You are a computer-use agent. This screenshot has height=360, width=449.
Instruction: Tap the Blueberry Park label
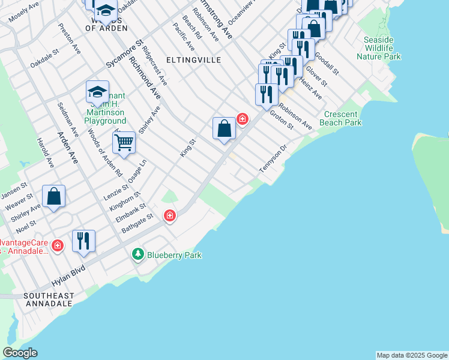(175, 255)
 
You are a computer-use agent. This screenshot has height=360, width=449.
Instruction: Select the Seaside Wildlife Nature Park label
(379, 48)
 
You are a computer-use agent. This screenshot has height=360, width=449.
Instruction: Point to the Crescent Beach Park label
(343, 118)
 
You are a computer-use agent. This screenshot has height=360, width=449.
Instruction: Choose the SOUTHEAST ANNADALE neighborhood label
(49, 300)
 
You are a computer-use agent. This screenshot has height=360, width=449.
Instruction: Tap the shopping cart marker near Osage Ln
(124, 143)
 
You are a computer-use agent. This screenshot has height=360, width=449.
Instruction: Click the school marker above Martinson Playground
(97, 92)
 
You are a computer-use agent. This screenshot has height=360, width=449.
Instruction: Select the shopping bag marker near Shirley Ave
(53, 196)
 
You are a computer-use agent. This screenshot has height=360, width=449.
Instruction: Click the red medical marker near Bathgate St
(170, 215)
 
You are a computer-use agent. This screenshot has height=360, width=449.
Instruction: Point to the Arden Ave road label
(68, 149)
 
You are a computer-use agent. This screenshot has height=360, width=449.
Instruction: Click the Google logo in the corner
(20, 353)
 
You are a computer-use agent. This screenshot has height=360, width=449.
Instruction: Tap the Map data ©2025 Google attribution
(412, 355)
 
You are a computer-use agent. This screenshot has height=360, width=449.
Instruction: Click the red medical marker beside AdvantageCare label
(58, 245)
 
